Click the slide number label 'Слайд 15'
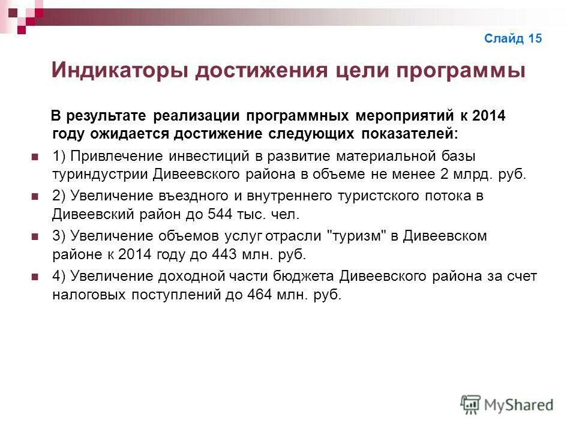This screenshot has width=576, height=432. [x=513, y=39]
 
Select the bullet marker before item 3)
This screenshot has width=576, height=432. [x=34, y=236]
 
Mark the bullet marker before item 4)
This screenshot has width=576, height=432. [x=34, y=277]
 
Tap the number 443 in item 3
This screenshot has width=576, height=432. [x=224, y=254]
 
